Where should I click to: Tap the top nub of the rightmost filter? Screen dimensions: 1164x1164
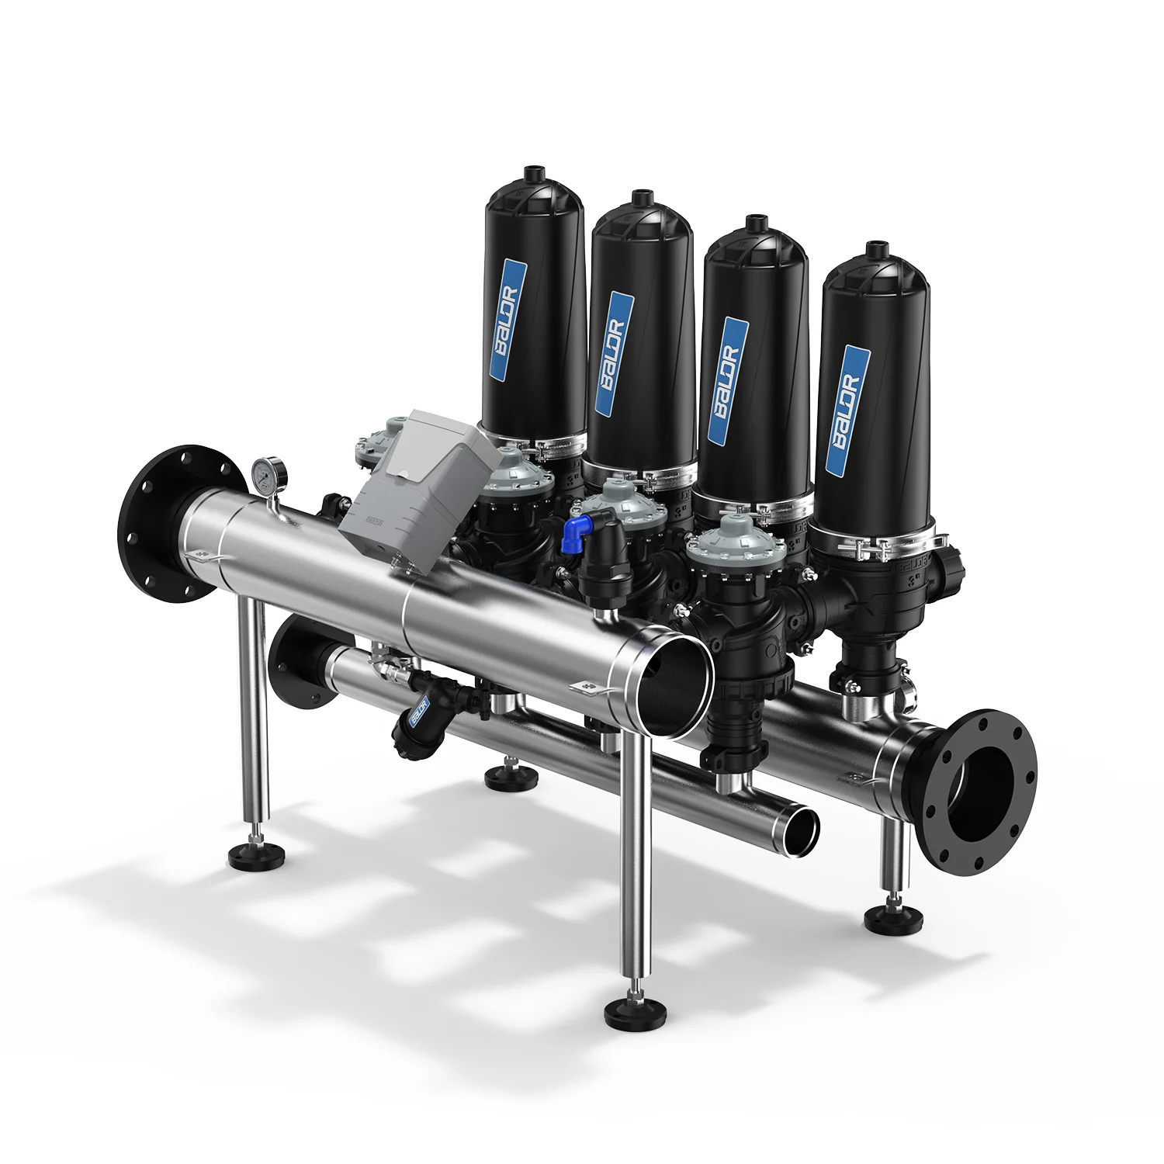(x=875, y=250)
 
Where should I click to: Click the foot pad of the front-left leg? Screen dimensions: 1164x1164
(x=257, y=855)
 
